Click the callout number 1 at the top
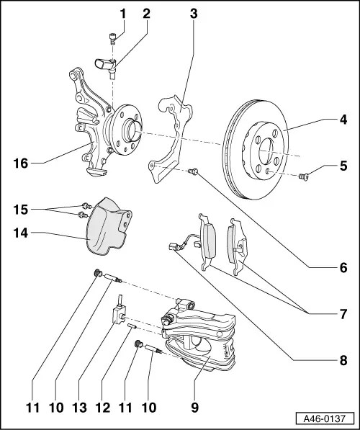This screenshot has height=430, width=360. coord(122,13)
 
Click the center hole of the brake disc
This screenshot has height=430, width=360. coord(266,151)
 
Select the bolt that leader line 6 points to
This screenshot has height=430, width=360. coord(194,172)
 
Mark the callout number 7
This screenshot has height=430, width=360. coord(344,314)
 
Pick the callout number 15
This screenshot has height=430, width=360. coord(22,210)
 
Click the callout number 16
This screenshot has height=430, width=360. coord(22,164)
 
